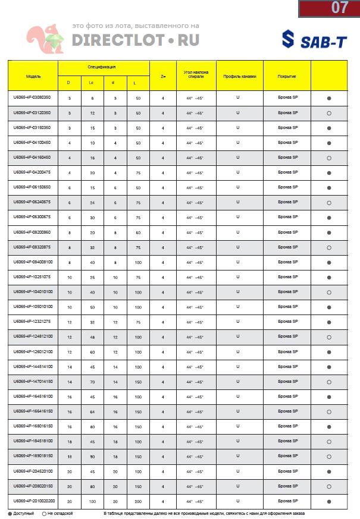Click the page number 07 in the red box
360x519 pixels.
coord(339,8)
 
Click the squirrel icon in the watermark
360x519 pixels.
coord(43,40)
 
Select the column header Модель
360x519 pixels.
coord(33,77)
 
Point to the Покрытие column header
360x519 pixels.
coord(287,77)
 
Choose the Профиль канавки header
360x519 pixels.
coord(239,77)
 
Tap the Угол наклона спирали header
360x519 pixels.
coord(196,74)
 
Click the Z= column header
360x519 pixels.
coord(162,77)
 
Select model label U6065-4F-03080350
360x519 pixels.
coord(32,97)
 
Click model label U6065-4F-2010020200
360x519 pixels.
coord(33,501)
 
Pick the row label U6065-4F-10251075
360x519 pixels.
coord(32,277)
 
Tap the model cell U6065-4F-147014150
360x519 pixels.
coord(33,382)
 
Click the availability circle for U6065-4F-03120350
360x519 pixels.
coord(329,113)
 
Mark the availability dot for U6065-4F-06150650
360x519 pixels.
coord(329,188)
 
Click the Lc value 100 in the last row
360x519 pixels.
coord(92,502)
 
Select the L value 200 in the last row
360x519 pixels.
coord(138,502)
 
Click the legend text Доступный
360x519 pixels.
coord(24,513)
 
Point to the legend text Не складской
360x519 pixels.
coord(60,513)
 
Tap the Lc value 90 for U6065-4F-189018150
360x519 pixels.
coord(92,457)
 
